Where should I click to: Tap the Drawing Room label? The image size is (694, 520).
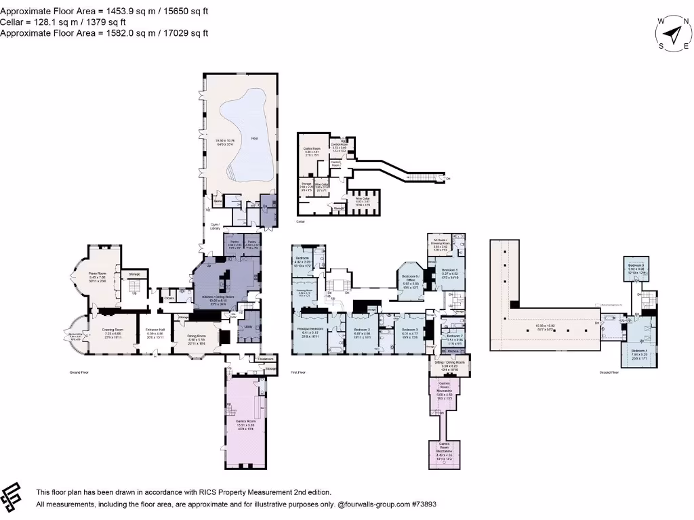coord(107,330)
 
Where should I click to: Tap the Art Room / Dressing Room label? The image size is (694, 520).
coord(437,244)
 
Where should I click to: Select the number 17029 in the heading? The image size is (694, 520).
coord(174,32)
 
